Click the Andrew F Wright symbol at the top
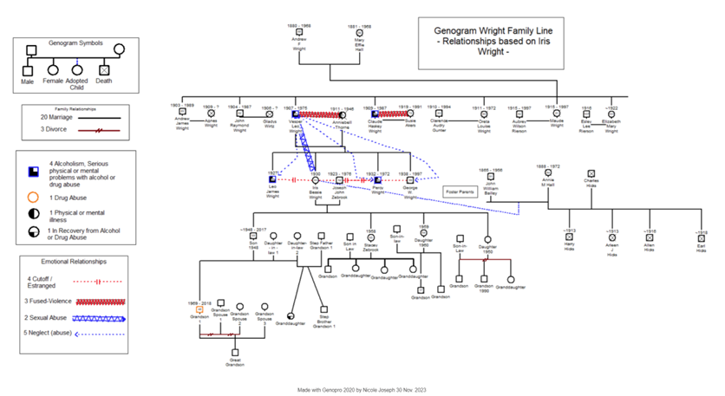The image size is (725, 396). [x=299, y=32]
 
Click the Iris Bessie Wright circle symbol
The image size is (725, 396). [x=315, y=180]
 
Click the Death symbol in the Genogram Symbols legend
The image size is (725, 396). [x=104, y=69]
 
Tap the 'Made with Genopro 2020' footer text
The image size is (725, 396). [x=373, y=389]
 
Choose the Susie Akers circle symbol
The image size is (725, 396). [x=410, y=114]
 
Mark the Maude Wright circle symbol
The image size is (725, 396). [x=556, y=114]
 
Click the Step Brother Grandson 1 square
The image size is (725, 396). [x=323, y=308]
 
